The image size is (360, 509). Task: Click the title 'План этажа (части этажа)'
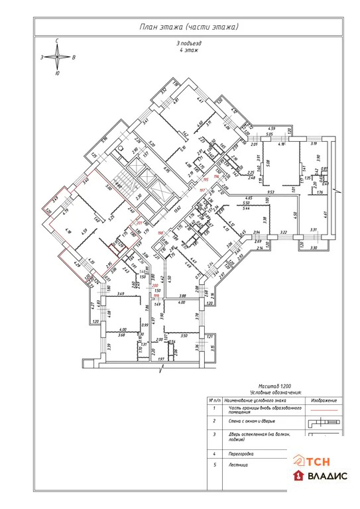pos(188,27)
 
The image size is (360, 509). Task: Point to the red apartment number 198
pos(160,233)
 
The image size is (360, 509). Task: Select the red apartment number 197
pos(203,190)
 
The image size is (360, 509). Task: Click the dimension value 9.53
pos(271,193)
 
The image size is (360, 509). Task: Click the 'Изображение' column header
pos(323,400)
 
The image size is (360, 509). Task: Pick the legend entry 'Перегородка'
pos(240,453)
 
